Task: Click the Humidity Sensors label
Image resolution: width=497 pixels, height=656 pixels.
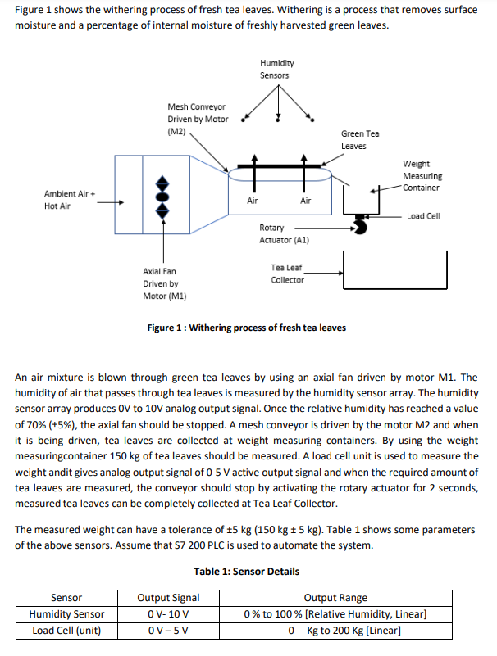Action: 277,69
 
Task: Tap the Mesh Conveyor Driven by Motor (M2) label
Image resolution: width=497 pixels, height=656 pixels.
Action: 198,120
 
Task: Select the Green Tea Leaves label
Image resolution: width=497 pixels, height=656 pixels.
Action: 360,140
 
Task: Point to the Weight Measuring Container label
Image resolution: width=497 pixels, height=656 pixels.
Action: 422,176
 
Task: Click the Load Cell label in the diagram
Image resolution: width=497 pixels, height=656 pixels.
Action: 423,216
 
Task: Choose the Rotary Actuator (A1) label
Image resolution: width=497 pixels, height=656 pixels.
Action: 284,234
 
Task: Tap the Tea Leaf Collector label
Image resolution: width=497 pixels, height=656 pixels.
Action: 287,274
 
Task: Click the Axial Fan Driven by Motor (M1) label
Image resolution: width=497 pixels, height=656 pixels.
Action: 165,283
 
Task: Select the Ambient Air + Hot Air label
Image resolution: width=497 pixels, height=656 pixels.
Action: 70,200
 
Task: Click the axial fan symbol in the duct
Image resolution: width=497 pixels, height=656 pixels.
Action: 162,197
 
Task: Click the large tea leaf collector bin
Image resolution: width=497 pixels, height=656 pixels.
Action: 394,287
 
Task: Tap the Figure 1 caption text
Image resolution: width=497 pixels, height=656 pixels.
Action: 246,328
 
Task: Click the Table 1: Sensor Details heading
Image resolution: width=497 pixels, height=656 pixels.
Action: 246,572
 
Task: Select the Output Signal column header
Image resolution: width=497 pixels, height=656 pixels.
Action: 168,598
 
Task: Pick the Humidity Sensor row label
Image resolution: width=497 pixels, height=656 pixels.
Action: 66,614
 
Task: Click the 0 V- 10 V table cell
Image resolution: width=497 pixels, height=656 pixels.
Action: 168,614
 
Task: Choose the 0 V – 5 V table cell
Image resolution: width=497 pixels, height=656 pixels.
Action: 168,631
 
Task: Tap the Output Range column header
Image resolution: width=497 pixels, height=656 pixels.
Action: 335,598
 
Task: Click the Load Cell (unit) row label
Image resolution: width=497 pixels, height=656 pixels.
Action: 66,631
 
